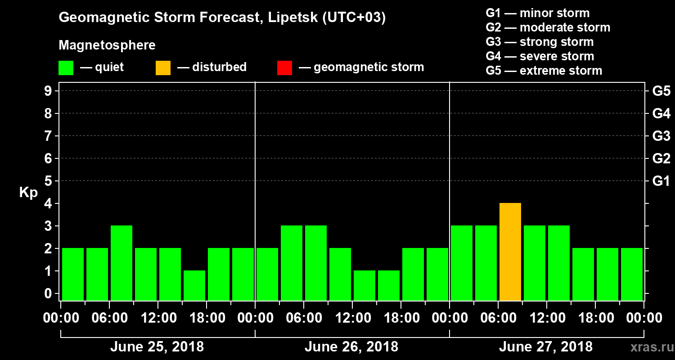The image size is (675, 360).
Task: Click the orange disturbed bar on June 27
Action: pyautogui.click(x=510, y=252)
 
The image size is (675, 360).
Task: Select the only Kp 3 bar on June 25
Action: pyautogui.click(x=121, y=263)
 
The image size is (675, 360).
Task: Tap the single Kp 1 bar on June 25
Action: pyautogui.click(x=194, y=285)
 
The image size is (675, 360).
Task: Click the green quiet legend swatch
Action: pyautogui.click(x=66, y=68)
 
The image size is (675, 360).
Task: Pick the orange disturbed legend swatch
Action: pyautogui.click(x=163, y=68)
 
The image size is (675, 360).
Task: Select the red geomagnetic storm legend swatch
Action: pyautogui.click(x=284, y=68)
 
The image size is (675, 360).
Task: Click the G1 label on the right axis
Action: pyautogui.click(x=661, y=181)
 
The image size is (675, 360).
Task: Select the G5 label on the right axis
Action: pyautogui.click(x=661, y=91)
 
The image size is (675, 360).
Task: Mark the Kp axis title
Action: pyautogui.click(x=28, y=193)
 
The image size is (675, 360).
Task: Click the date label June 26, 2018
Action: pyautogui.click(x=351, y=347)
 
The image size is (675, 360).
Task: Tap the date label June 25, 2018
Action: pyautogui.click(x=157, y=347)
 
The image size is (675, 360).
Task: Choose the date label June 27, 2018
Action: pyautogui.click(x=546, y=347)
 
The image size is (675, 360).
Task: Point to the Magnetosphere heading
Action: pyautogui.click(x=107, y=45)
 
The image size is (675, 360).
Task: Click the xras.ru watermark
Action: pyautogui.click(x=648, y=347)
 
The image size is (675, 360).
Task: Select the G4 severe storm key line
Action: pyautogui.click(x=540, y=56)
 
